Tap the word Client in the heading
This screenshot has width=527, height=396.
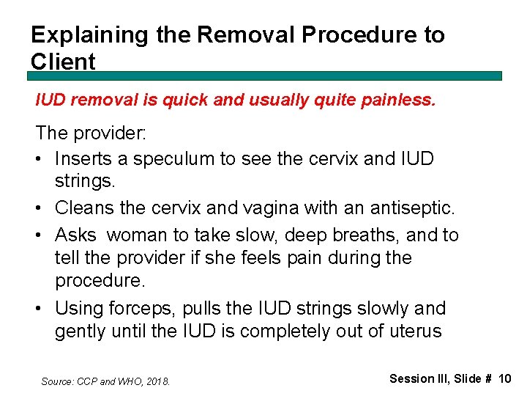(63, 62)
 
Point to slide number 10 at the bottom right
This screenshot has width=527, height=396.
(504, 379)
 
